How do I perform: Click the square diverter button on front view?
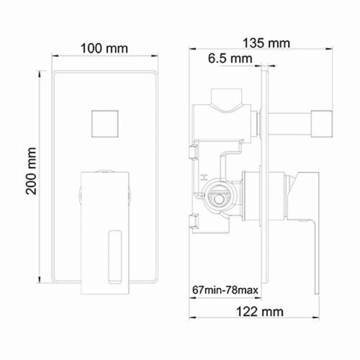[x=106, y=125]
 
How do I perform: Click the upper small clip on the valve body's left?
[x=192, y=150]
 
